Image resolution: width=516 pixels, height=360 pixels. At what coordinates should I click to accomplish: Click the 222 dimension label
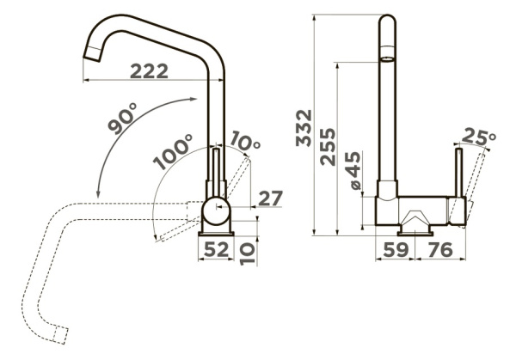pyautogui.click(x=149, y=71)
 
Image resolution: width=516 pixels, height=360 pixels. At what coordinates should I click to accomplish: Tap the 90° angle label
pyautogui.click(x=123, y=118)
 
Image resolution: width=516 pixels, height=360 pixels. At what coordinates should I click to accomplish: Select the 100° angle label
pyautogui.click(x=173, y=151)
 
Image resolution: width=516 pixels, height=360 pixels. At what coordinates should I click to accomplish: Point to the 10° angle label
pyautogui.click(x=244, y=143)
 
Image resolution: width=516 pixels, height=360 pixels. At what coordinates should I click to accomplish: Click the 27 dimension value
pyautogui.click(x=271, y=198)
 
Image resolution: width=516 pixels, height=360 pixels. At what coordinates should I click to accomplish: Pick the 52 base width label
pyautogui.click(x=216, y=249)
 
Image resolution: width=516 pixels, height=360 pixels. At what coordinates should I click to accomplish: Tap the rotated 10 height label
pyautogui.click(x=248, y=253)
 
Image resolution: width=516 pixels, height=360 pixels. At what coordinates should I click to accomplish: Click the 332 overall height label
pyautogui.click(x=304, y=128)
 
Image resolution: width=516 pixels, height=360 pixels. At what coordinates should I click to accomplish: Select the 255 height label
pyautogui.click(x=329, y=147)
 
